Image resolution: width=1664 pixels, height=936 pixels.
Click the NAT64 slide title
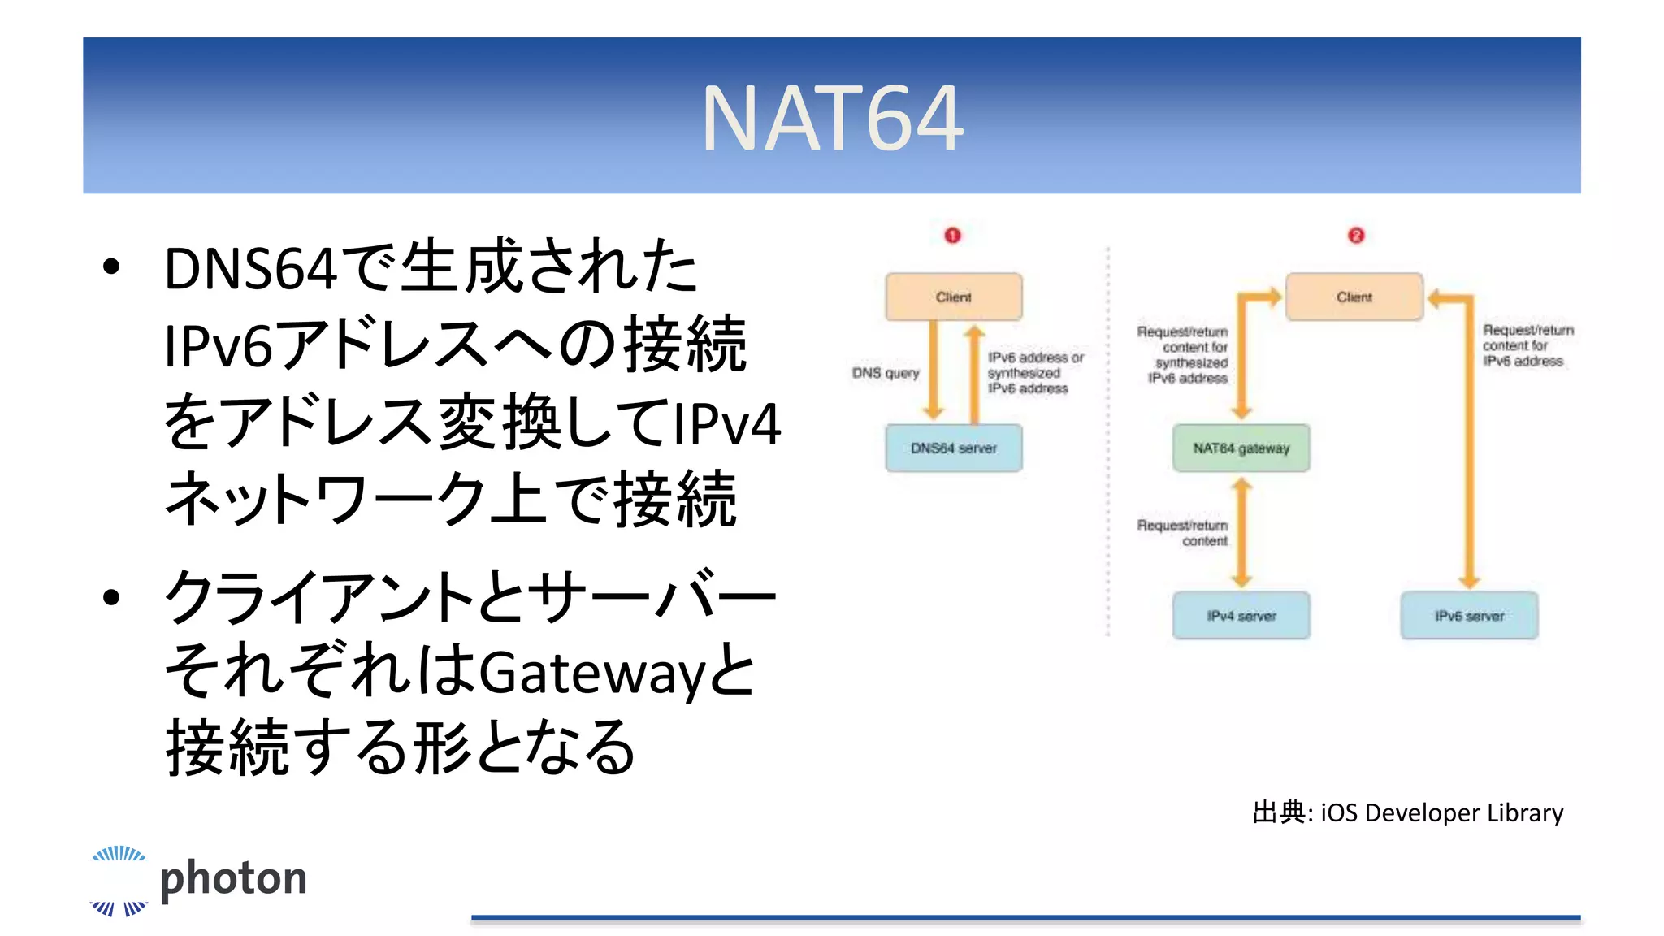point(832,119)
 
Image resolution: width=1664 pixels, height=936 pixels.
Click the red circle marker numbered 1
point(952,236)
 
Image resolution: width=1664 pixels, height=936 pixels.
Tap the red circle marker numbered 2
point(1356,236)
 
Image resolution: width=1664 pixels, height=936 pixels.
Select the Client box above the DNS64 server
point(954,297)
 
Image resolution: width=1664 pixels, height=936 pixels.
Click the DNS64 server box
point(954,448)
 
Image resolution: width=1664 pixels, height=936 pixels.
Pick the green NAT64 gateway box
point(1241,448)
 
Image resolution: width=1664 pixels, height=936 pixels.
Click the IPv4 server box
point(1241,616)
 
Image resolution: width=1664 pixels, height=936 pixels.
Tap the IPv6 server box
point(1469,616)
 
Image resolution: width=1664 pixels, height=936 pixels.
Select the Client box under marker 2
point(1354,297)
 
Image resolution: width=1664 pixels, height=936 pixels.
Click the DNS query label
point(886,373)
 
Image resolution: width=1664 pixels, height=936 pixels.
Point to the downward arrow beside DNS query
point(934,370)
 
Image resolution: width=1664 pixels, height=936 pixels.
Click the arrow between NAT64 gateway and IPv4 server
point(1241,532)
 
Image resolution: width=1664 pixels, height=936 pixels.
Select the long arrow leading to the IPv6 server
point(1469,455)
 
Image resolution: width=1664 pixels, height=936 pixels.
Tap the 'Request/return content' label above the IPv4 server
point(1183,533)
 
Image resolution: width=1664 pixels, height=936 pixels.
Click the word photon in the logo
point(234,879)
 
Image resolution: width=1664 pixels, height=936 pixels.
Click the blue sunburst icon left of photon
point(119,881)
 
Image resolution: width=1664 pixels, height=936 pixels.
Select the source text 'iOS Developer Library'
point(1441,813)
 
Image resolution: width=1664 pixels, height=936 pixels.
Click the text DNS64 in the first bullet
point(250,269)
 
